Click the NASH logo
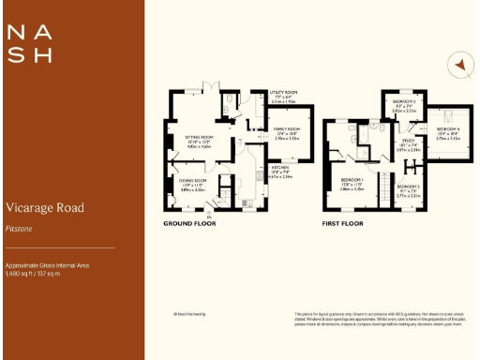pyautogui.click(x=29, y=43)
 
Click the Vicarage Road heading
pyautogui.click(x=45, y=207)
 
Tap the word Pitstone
pyautogui.click(x=21, y=226)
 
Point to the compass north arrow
pyautogui.click(x=458, y=65)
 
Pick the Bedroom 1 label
pyautogui.click(x=352, y=180)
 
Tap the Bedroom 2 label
pyautogui.click(x=409, y=187)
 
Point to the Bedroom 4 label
pyautogui.click(x=449, y=129)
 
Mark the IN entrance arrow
pyautogui.click(x=209, y=217)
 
